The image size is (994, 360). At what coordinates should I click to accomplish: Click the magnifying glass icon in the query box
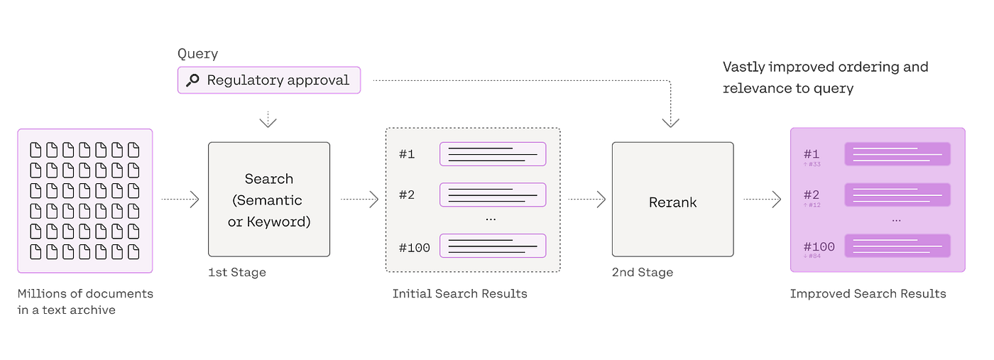pyautogui.click(x=192, y=81)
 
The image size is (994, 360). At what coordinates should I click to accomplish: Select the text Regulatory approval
pyautogui.click(x=278, y=80)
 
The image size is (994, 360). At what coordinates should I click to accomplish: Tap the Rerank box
pyautogui.click(x=672, y=202)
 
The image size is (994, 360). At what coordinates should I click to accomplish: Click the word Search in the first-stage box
pyautogui.click(x=268, y=179)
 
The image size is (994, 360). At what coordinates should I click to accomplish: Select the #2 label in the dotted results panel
pyautogui.click(x=406, y=195)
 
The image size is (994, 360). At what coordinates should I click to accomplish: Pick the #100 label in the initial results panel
pyautogui.click(x=414, y=247)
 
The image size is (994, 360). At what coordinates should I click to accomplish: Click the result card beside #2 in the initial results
pyautogui.click(x=492, y=195)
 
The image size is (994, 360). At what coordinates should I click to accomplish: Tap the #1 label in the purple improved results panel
pyautogui.click(x=812, y=154)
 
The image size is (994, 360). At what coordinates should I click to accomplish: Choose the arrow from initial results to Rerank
pyautogui.click(x=586, y=200)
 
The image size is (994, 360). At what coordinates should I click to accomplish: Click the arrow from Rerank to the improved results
pyautogui.click(x=762, y=200)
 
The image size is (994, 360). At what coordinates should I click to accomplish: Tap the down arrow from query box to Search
pyautogui.click(x=268, y=119)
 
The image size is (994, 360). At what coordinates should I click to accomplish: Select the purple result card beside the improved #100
pyautogui.click(x=897, y=246)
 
